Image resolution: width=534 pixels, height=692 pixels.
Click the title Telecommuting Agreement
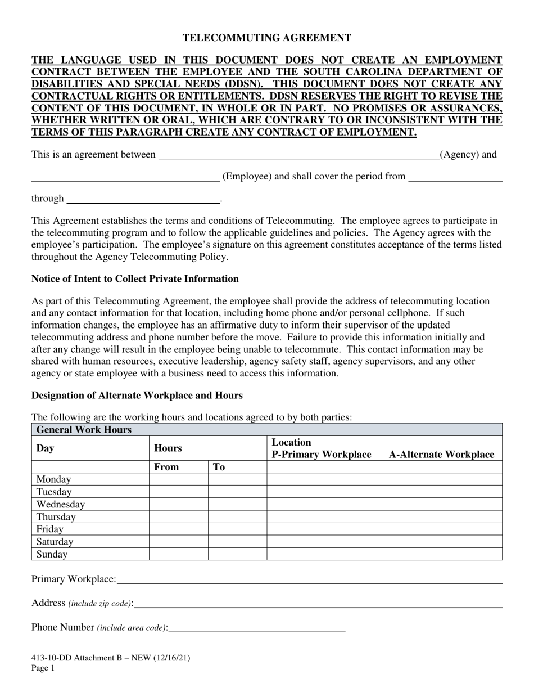tap(267, 38)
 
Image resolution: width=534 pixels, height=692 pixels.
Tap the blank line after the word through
tap(143, 199)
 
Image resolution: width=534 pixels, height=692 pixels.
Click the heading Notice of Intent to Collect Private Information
tap(135, 279)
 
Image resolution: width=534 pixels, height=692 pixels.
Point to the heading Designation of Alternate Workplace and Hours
tap(137, 396)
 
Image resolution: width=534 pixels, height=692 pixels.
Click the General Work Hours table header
tap(84, 430)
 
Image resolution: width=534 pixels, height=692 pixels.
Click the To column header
tap(219, 467)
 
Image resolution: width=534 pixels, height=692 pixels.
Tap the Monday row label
tap(54, 479)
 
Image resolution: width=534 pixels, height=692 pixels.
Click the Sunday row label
tap(52, 554)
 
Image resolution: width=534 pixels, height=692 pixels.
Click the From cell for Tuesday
tap(178, 492)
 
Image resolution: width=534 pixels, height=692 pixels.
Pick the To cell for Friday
tap(237, 529)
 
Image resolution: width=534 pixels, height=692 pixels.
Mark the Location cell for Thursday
tap(384, 516)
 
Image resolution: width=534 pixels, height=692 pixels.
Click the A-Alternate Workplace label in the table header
tap(441, 455)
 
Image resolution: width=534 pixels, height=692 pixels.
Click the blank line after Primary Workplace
tap(309, 579)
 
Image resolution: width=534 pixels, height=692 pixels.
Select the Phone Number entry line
tap(257, 628)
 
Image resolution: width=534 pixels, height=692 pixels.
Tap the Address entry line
tap(318, 604)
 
